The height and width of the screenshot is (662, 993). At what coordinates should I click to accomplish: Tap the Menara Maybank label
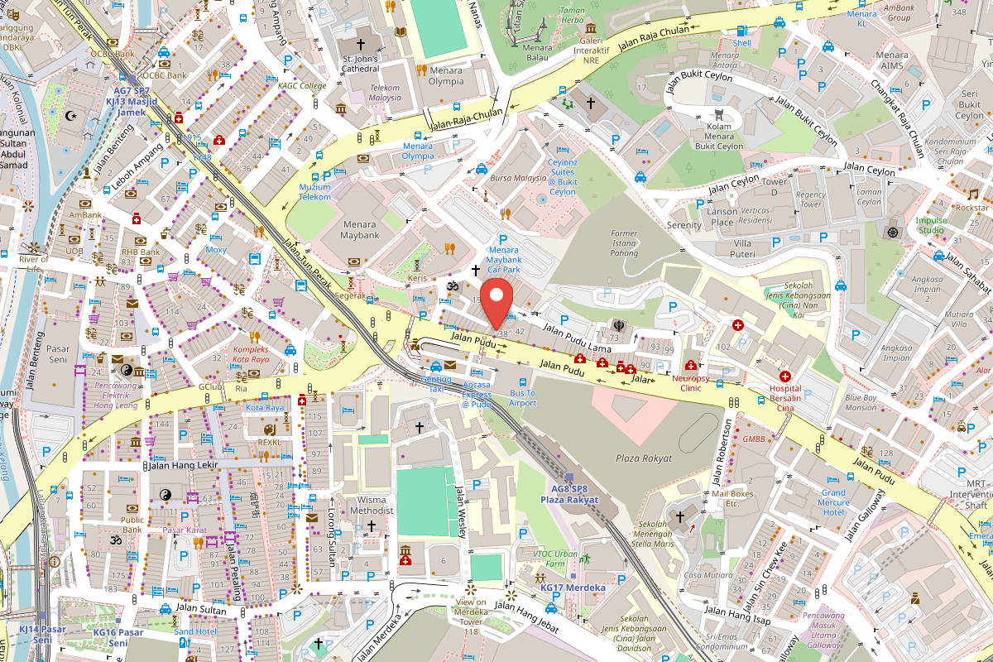(360, 229)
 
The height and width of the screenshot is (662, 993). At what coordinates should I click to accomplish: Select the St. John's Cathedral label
(360, 65)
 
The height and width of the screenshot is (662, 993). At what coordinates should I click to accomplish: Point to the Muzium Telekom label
(315, 192)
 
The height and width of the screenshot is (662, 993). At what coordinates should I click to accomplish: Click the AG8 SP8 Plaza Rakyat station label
(569, 494)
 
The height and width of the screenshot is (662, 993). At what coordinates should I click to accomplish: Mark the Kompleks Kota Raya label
(250, 354)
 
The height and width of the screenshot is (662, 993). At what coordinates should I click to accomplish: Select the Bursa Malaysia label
(513, 177)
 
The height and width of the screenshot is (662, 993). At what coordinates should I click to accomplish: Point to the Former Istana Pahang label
(624, 243)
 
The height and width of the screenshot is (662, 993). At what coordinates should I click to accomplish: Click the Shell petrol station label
(742, 43)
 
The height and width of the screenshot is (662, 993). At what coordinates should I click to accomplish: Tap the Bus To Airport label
(522, 398)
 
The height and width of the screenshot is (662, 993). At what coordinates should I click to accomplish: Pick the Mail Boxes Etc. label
(719, 498)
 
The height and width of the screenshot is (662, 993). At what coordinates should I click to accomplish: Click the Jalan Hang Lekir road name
(183, 466)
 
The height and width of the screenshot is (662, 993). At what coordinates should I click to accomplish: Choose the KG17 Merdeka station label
(573, 588)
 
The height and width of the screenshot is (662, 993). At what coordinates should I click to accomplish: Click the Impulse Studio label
(931, 225)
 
